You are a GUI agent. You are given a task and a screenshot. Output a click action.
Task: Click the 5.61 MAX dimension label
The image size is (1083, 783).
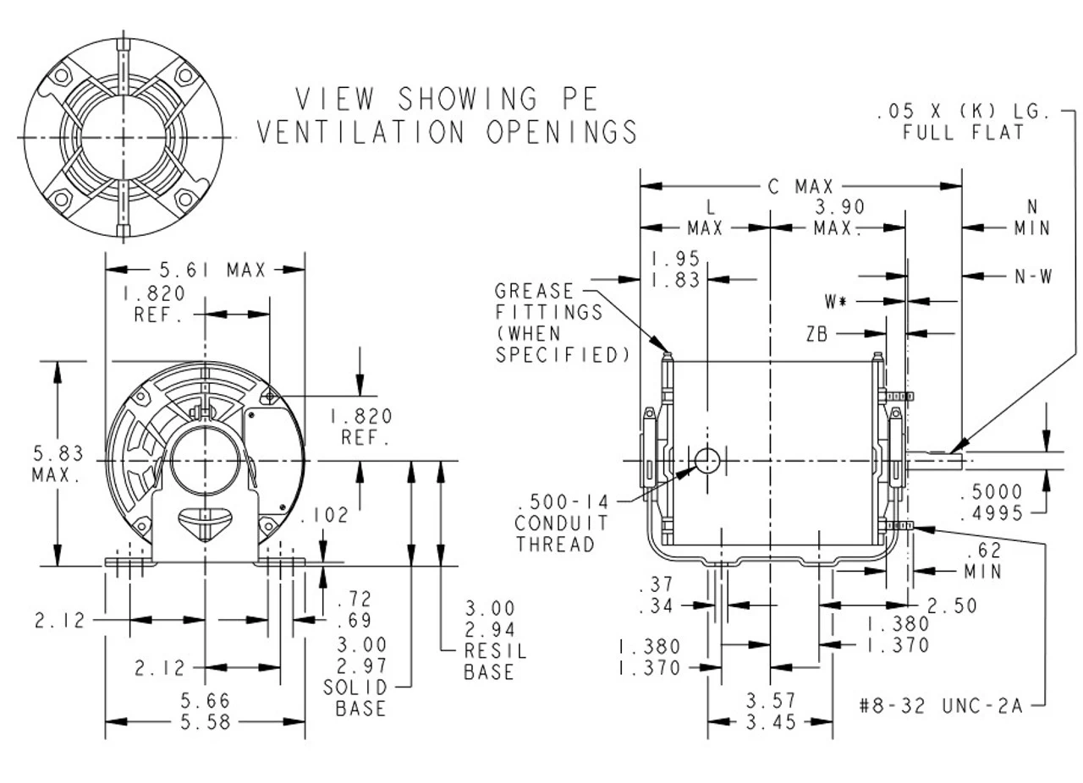pos(212,271)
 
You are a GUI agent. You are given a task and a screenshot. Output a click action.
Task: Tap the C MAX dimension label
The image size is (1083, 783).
pos(800,186)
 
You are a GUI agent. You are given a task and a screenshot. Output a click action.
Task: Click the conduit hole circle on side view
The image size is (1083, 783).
pos(706,460)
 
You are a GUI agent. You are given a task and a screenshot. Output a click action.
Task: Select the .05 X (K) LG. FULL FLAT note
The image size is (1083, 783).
pos(962,122)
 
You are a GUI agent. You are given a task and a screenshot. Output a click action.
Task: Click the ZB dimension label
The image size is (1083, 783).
pos(816,334)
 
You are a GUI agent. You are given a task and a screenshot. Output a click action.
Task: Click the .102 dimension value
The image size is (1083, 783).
pos(325,515)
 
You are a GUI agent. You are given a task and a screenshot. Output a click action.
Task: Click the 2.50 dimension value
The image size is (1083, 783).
pos(952,605)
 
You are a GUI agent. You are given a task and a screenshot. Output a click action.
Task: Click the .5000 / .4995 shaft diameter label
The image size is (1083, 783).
pos(992,502)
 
